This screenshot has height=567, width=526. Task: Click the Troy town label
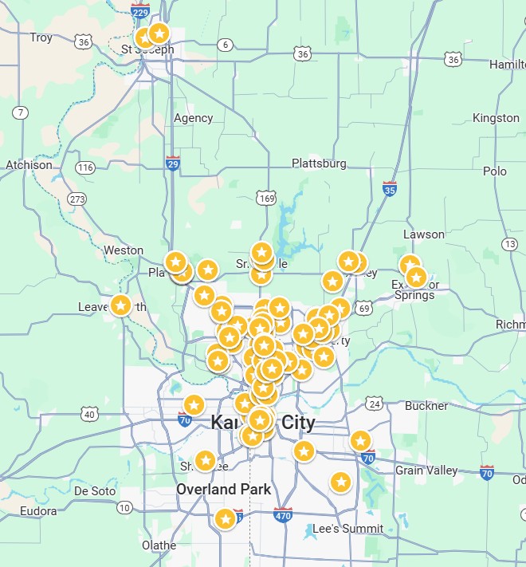coord(41,37)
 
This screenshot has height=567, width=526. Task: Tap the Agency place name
coord(194,118)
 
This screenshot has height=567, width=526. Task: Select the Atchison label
coord(29,165)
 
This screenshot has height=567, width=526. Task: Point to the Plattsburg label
coord(319,163)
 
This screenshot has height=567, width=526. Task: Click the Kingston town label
coord(496,118)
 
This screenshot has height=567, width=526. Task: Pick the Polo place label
coord(495,171)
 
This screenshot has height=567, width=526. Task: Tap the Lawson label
coord(424,234)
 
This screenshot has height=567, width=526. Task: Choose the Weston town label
coord(124,250)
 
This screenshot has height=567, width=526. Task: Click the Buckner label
coord(426,406)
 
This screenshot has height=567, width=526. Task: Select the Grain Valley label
coord(427,471)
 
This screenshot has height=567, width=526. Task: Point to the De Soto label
coord(95,491)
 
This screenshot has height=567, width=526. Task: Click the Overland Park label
coord(224,489)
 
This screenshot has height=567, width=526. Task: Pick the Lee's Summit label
coord(347,529)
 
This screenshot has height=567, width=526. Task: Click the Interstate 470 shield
coord(283,515)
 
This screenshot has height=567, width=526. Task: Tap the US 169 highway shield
coord(266,197)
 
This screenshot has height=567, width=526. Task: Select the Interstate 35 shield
coord(390,189)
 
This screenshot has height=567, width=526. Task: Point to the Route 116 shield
coord(85,167)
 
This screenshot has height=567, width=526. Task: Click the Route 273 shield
coord(77,199)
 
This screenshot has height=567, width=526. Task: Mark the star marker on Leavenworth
coord(120,305)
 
